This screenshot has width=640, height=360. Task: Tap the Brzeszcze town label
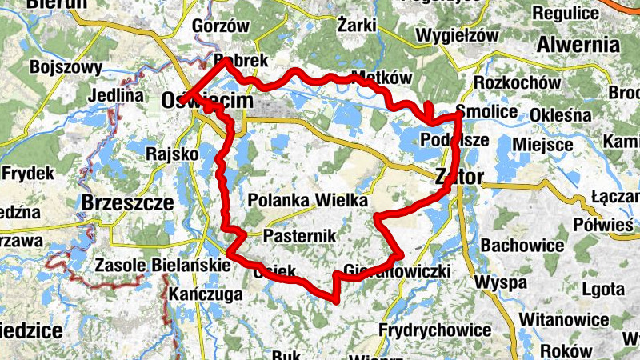coord(127,203)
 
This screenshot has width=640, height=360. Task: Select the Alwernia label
coord(579,43)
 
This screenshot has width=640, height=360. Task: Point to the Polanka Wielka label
coord(308,200)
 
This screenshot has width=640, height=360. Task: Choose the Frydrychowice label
coord(434,330)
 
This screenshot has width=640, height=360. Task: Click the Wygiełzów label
coord(457,35)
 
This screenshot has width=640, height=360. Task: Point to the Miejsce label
coord(542,145)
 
